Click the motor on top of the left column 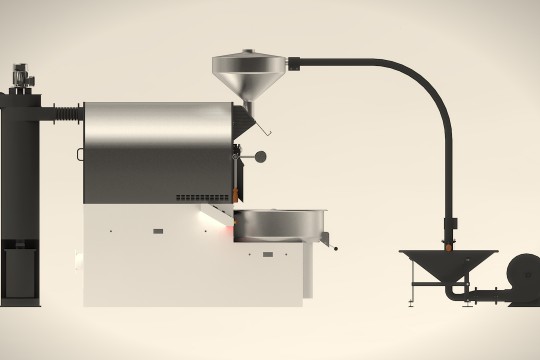tap(19, 75)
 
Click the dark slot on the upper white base tap(158, 231)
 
